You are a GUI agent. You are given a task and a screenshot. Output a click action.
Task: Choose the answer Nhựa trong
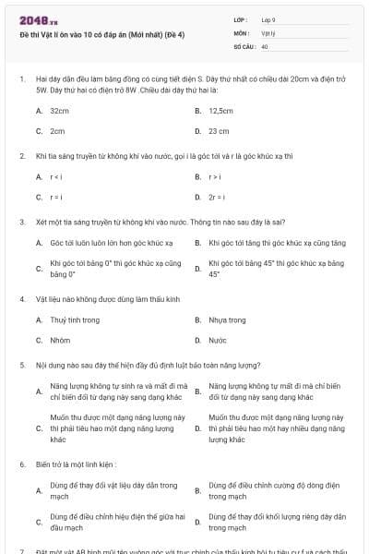point(228,319)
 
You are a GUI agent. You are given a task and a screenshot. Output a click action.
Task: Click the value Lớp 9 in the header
point(268,19)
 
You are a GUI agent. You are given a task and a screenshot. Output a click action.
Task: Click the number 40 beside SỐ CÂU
point(265,45)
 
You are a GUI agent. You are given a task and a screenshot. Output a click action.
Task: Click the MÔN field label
point(241,32)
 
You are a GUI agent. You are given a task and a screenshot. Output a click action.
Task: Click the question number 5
point(21,365)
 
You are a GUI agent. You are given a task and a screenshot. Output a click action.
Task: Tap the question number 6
point(21,464)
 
